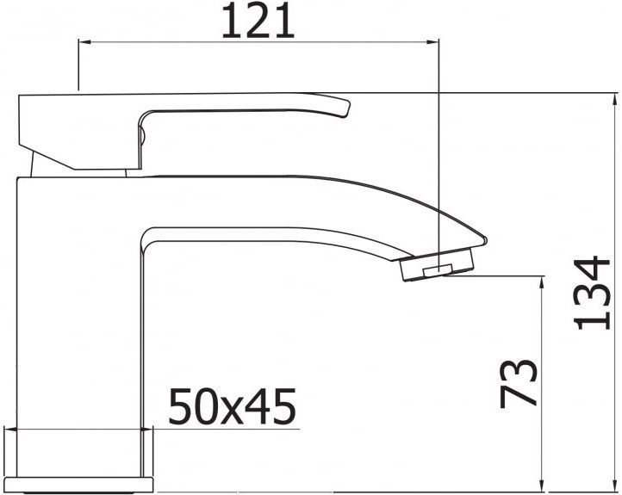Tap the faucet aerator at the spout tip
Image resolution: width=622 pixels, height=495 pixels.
(439, 266)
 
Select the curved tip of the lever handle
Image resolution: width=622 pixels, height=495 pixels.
(345, 108)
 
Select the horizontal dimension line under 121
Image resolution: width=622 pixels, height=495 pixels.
(258, 40)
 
